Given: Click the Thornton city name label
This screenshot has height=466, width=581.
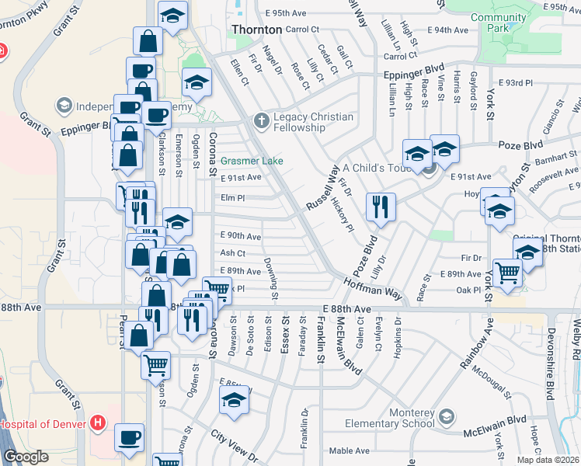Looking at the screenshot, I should tap(257, 30).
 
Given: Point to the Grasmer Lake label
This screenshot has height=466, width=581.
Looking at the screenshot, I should tap(251, 162).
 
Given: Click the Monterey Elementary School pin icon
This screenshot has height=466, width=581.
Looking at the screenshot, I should tap(447, 418).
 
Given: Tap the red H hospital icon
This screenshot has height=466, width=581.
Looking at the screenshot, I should tap(98, 424).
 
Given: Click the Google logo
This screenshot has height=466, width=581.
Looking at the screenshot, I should tap(26, 457).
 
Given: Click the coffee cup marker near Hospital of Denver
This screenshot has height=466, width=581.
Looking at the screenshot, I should tap(129, 437).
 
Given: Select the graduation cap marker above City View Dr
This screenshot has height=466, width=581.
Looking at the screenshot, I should tap(234, 400).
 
